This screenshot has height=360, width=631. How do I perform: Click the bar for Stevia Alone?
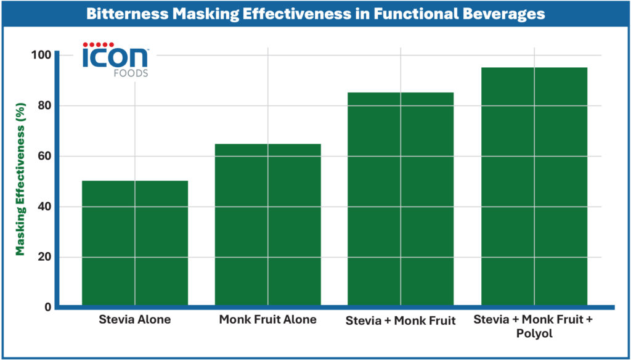135,243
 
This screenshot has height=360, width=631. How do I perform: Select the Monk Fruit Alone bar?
267,224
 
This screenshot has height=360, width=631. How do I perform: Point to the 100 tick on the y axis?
43,55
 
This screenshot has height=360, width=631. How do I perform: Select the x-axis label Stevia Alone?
135,320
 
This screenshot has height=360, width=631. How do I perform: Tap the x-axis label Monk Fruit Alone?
267,320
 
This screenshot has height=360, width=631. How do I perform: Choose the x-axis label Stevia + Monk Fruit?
401,321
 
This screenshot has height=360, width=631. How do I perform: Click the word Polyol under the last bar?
534,333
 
